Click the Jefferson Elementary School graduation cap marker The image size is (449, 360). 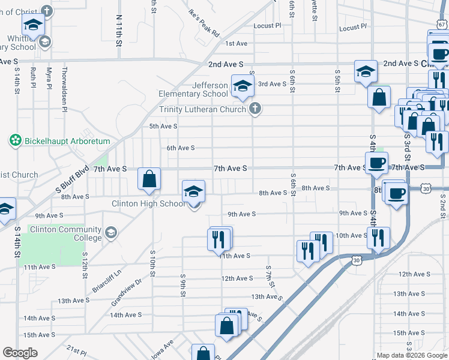[x=242, y=86]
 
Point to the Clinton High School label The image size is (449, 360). [x=149, y=203]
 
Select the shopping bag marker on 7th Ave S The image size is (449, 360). [x=149, y=179]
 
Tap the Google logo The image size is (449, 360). [x=20, y=353]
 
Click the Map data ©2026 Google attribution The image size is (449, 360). [x=411, y=355]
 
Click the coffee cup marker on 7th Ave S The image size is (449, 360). [x=376, y=162]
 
